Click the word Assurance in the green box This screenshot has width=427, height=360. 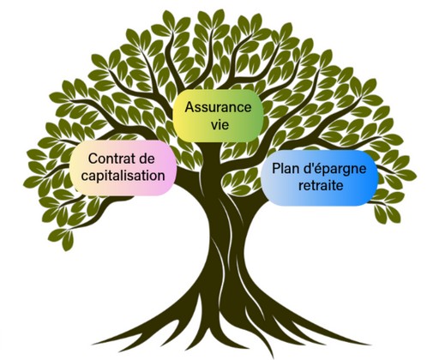click(218, 107)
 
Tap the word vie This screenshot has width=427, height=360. click(220, 125)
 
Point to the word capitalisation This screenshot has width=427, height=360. click(123, 176)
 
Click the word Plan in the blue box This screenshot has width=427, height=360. click(285, 168)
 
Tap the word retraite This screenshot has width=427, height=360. click(321, 186)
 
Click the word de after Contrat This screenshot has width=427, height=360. click(147, 159)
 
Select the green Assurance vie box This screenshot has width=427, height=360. click(218, 116)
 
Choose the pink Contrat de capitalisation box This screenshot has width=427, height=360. click(123, 168)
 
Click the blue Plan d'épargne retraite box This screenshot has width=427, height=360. click(319, 177)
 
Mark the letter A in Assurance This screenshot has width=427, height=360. click(189, 107)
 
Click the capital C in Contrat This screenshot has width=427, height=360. click(93, 159)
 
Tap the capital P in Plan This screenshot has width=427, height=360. click(275, 168)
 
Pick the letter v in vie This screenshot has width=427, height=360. click(214, 126)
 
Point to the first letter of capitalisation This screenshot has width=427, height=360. click(85, 177)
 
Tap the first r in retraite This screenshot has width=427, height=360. click(301, 187)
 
